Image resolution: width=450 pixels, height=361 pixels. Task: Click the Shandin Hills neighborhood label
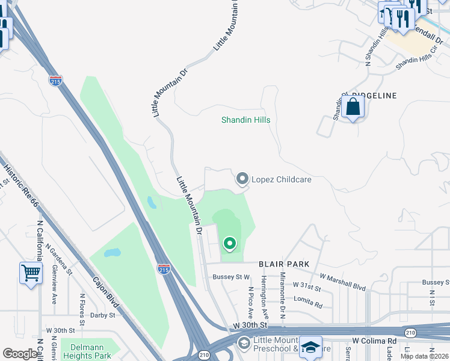pyautogui.click(x=245, y=120)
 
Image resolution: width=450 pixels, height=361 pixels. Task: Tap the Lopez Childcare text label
pyautogui.click(x=281, y=179)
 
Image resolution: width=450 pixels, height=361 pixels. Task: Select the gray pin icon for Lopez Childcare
pyautogui.click(x=242, y=179)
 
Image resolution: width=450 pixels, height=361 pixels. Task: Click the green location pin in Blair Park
pyautogui.click(x=229, y=244)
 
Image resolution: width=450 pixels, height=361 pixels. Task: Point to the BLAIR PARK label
pyautogui.click(x=284, y=264)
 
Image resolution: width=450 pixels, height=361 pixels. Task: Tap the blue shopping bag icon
pyautogui.click(x=354, y=108)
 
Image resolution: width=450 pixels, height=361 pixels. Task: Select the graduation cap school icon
pyautogui.click(x=310, y=347)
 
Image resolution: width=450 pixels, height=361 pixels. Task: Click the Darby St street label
pyautogui.click(x=102, y=315)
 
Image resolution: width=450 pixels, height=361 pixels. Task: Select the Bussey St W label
pyautogui.click(x=231, y=277)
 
